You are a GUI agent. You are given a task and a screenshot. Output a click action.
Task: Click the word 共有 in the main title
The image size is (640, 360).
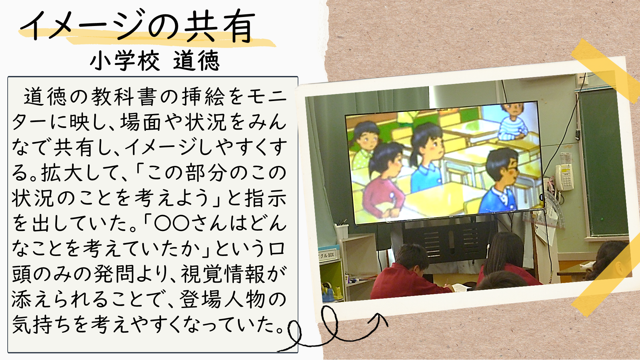[x=220, y=27]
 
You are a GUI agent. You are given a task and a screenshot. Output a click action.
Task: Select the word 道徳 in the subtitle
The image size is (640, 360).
[x=196, y=61]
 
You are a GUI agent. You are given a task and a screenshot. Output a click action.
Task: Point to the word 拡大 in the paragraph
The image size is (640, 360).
[x=62, y=173]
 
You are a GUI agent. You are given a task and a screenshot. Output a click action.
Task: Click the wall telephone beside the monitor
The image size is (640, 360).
[x=564, y=177]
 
